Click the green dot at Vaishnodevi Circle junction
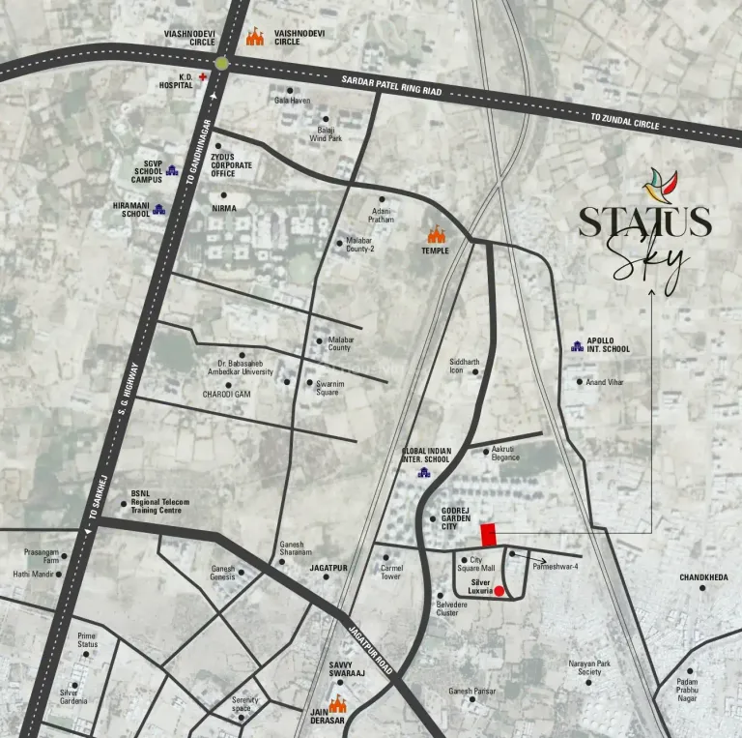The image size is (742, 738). (223, 62)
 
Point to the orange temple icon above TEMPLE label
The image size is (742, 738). (437, 234)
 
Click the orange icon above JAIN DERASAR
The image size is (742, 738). (338, 708)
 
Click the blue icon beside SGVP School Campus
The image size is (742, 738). (173, 171)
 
